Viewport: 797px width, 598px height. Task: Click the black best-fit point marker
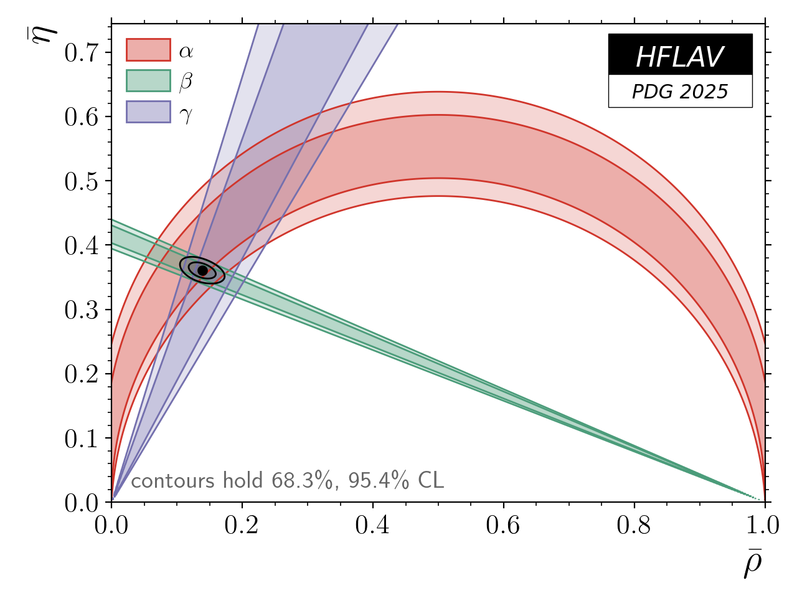(202, 270)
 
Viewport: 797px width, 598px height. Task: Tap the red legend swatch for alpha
(148, 50)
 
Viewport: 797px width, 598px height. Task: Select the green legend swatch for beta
(148, 81)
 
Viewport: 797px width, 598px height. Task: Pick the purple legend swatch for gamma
(148, 112)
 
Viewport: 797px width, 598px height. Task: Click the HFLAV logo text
(679, 57)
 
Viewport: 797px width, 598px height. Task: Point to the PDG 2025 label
(679, 92)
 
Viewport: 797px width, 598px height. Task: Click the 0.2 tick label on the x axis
(242, 526)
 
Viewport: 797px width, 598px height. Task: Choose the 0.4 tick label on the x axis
(372, 526)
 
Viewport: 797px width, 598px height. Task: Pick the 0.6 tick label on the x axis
(503, 526)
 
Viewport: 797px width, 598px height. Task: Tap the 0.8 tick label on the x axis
(634, 526)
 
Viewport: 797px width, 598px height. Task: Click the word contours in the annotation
(167, 481)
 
